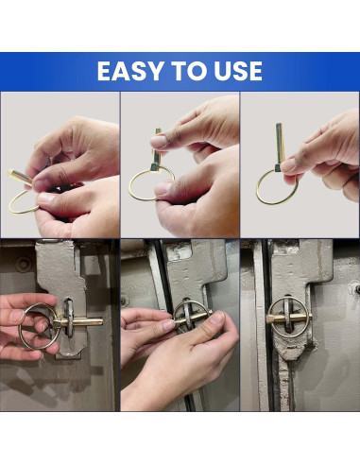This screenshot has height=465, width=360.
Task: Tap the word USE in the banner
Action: point(238,71)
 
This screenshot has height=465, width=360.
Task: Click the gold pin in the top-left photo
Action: point(20,177)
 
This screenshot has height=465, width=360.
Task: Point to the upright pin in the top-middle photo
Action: point(156,149)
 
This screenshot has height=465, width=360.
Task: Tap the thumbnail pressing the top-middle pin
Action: point(159,141)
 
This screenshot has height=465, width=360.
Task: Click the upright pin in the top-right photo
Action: point(280,146)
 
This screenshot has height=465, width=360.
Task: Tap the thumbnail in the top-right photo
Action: point(288,165)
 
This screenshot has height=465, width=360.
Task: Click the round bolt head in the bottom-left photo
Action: point(24,265)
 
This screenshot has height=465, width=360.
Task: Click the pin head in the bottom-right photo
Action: point(270,319)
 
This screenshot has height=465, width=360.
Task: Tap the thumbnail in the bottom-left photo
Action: point(16,316)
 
